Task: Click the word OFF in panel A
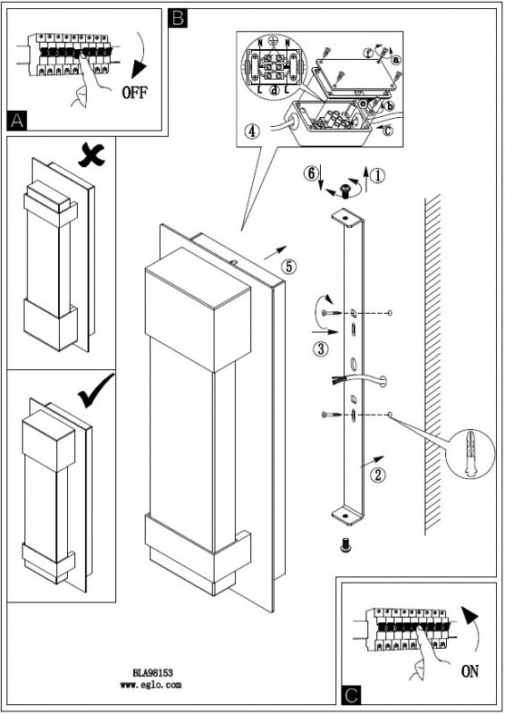[135, 93]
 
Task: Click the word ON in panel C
[469, 671]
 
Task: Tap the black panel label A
[17, 121]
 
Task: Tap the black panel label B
[178, 18]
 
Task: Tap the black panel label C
[351, 695]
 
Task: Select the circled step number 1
[378, 175]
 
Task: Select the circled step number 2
[378, 475]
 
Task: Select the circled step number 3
[321, 349]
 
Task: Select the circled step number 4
[251, 131]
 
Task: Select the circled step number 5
[290, 266]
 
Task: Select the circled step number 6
[312, 173]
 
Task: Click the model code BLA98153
[153, 673]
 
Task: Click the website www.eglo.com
[151, 685]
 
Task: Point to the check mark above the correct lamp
[96, 391]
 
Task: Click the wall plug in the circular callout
[470, 453]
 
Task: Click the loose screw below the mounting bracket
[345, 545]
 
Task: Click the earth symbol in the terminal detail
[273, 39]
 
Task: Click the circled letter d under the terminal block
[274, 90]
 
